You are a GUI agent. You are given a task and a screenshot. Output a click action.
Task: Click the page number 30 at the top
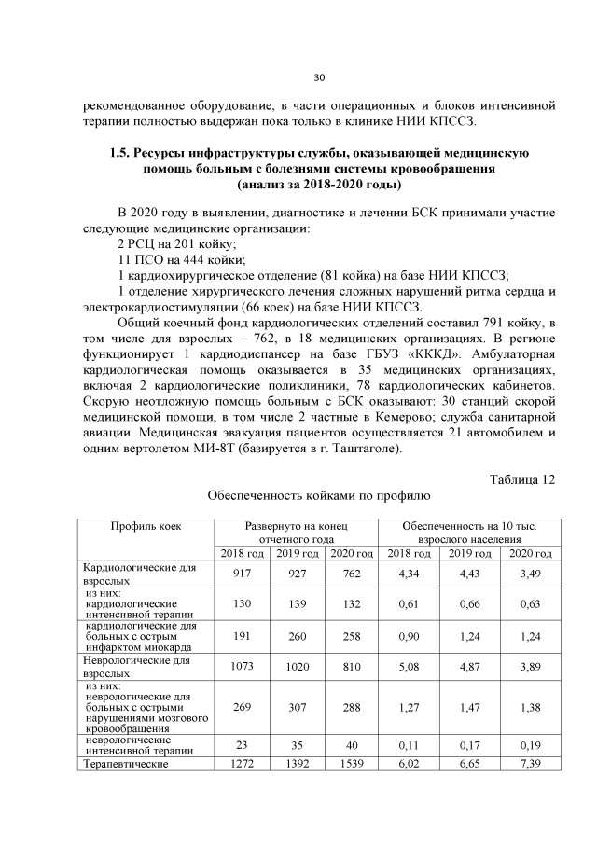317,76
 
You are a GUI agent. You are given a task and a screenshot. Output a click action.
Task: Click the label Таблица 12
522,479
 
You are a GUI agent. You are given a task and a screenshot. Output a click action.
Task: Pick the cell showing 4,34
409,574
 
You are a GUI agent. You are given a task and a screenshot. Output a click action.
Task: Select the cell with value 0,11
409,745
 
